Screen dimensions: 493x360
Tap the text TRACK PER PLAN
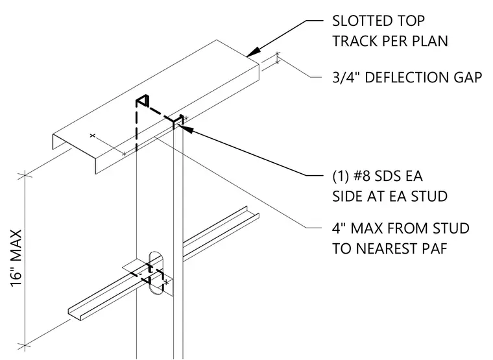(391, 41)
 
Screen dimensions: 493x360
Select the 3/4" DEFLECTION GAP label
(407, 78)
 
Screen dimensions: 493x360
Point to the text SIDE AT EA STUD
(390, 197)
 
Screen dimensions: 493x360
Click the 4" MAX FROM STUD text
(401, 228)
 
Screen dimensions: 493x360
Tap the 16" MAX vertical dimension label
(16, 258)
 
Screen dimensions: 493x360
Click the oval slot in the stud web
(156, 273)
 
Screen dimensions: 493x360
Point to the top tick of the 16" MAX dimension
(25, 175)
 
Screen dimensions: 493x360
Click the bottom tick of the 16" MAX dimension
(25, 346)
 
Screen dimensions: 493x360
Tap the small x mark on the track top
(92, 136)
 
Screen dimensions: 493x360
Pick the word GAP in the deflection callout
(466, 78)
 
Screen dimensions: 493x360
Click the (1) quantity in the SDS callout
(341, 176)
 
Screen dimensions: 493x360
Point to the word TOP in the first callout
(412, 21)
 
